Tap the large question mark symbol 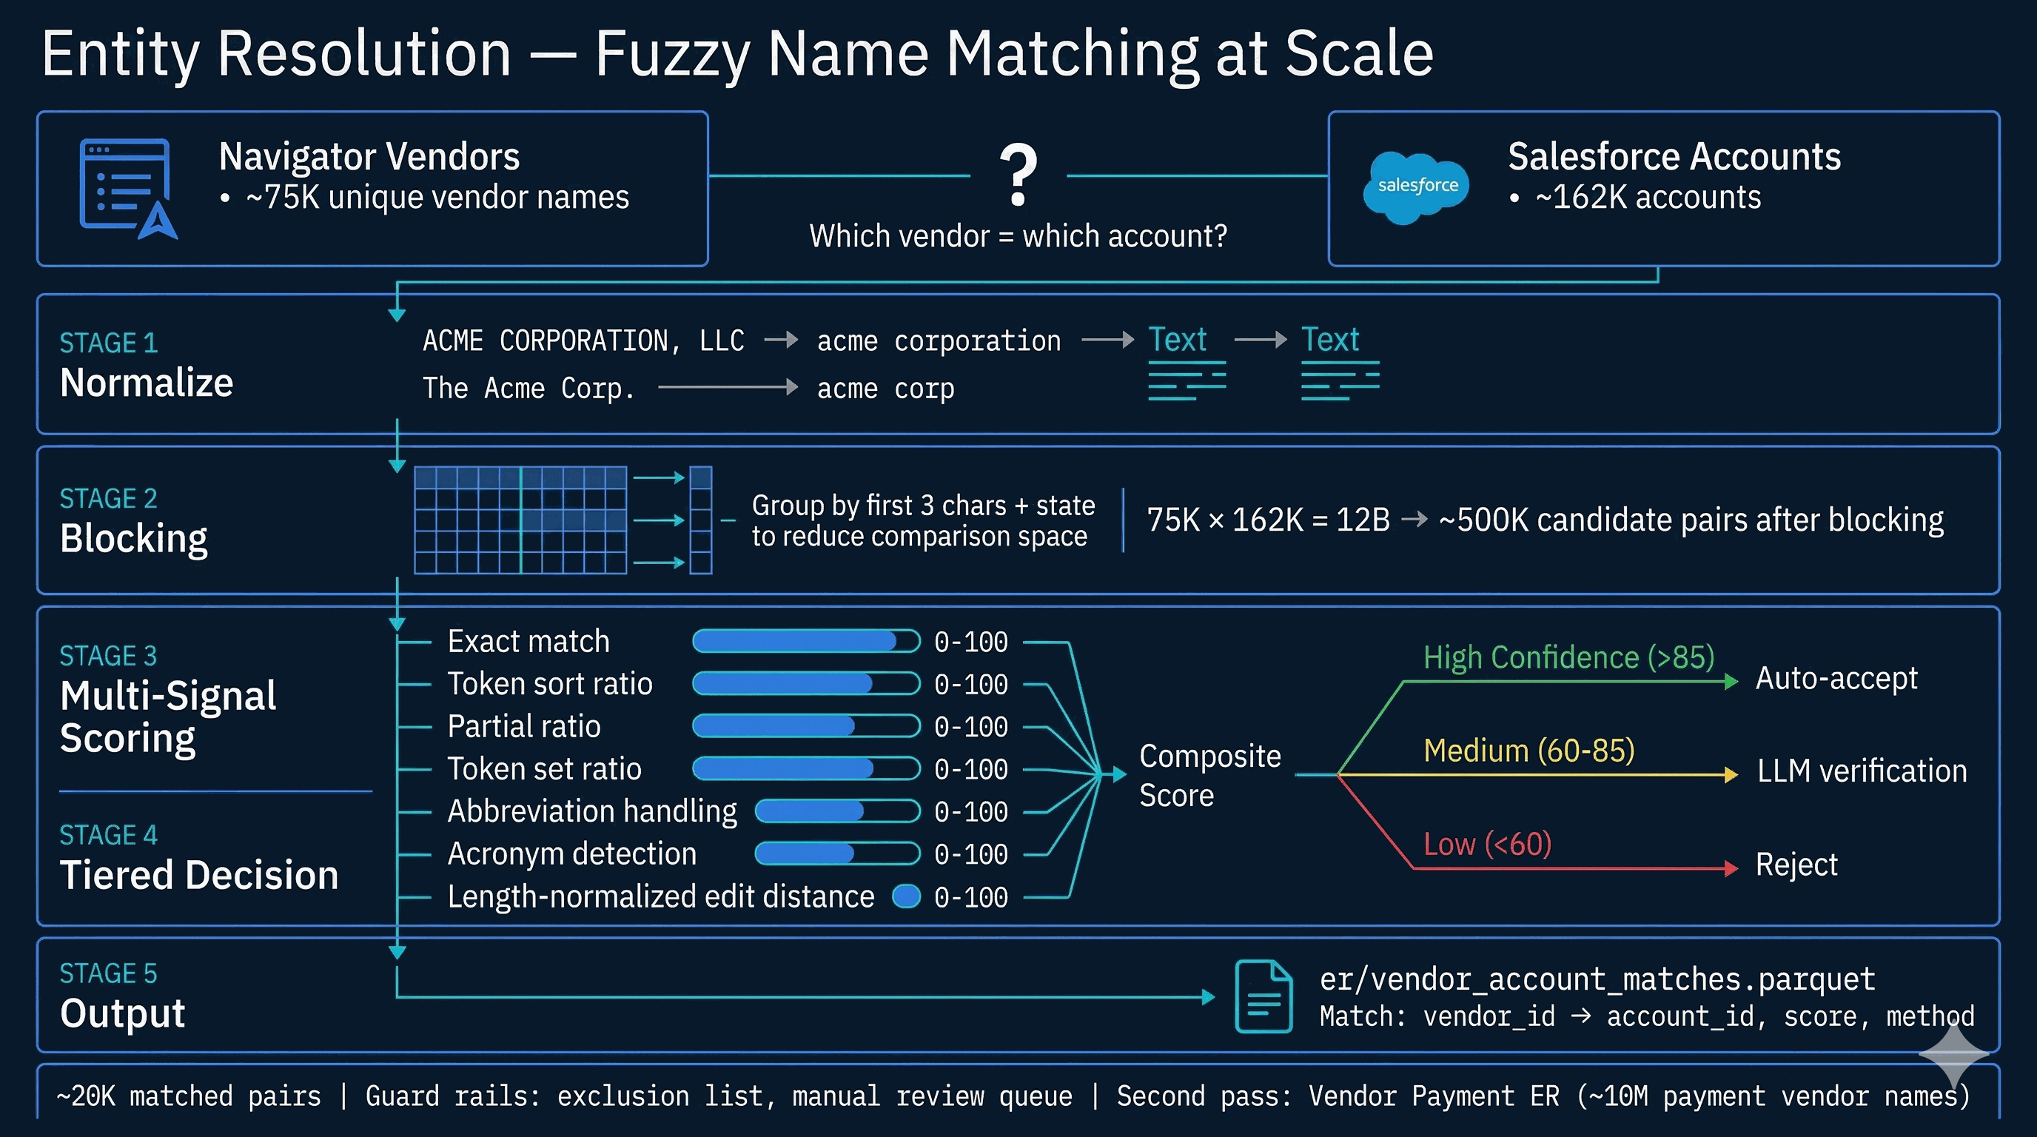click(1018, 175)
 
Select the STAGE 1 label click(109, 343)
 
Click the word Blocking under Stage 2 click(134, 539)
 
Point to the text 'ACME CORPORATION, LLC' click(583, 341)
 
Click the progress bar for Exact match click(806, 641)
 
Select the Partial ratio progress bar click(806, 726)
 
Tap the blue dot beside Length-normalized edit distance click(906, 896)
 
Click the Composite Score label click(1210, 776)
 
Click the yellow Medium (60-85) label click(1528, 751)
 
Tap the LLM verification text click(1862, 771)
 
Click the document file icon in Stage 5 click(1264, 996)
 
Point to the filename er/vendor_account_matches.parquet click(1597, 979)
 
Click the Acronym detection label click(571, 854)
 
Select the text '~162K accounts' click(1648, 198)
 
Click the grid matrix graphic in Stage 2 click(520, 520)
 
